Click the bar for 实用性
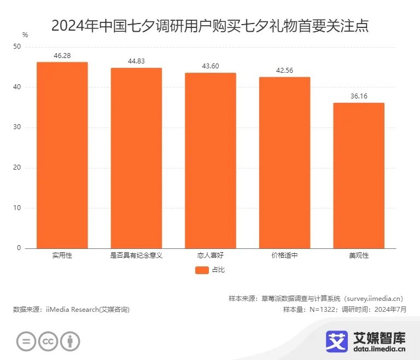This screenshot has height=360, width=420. coord(62,155)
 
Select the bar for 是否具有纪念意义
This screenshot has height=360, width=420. coord(136,158)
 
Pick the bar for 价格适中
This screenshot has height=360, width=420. coord(284,162)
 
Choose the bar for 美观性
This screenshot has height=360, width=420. coord(359,176)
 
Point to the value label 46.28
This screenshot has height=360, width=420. coord(62,56)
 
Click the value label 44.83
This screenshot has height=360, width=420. coord(136,61)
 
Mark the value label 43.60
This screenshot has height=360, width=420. coord(210,66)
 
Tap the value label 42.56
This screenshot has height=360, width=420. coord(284,71)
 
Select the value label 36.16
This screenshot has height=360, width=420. coord(359,96)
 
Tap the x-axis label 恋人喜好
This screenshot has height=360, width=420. coord(210,256)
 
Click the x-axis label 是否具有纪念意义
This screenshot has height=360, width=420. coord(136,256)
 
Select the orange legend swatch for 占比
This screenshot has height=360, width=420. coord(202,270)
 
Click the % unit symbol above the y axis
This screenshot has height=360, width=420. coord(25,35)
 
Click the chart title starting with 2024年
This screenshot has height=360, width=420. coord(210,26)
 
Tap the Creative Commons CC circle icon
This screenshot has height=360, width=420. coord(48,341)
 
